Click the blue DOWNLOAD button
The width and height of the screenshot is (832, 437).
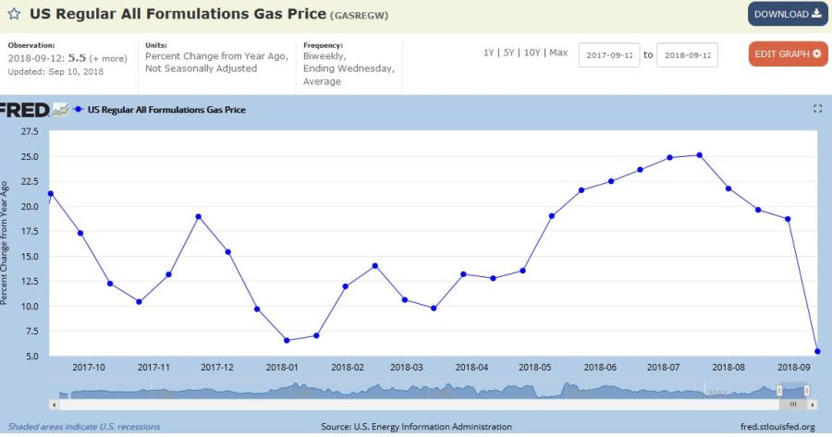(787, 14)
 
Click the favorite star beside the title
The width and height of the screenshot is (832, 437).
(15, 15)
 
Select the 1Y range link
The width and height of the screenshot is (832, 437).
(490, 53)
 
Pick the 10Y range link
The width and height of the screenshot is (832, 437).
(533, 53)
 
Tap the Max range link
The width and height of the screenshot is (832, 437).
(558, 53)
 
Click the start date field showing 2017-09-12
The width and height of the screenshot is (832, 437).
(609, 55)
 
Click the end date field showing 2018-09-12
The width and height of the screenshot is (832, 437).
(687, 55)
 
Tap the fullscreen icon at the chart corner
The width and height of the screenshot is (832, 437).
(817, 109)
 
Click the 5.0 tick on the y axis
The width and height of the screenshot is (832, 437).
(31, 356)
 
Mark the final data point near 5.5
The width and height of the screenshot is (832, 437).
(817, 350)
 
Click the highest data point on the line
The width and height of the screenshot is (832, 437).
(699, 155)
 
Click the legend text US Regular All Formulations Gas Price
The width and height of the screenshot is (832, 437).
(166, 109)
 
